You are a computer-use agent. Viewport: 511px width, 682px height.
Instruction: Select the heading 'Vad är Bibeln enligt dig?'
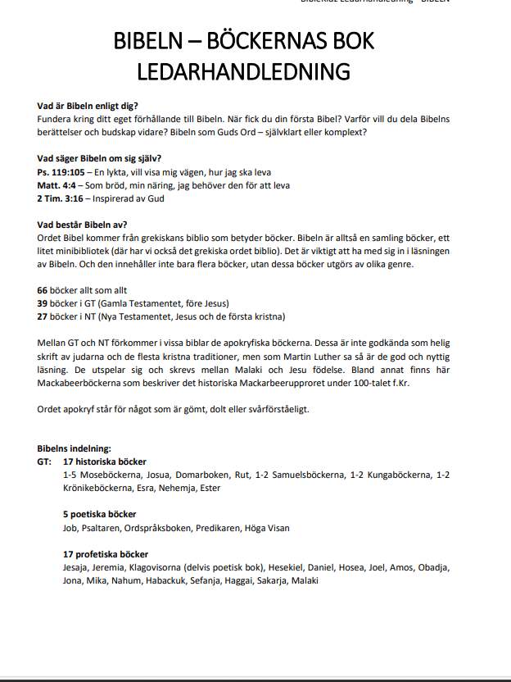coord(88,106)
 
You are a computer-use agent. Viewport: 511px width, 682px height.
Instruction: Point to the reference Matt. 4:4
coord(60,185)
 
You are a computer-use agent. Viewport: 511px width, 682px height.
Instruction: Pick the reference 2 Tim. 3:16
coord(60,198)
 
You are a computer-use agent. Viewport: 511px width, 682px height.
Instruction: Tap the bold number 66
coord(43,291)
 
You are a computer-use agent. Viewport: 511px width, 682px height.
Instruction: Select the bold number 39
coord(43,303)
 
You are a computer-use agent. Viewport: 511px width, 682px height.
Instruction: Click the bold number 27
coord(43,316)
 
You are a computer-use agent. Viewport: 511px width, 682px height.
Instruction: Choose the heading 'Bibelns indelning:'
coord(74,449)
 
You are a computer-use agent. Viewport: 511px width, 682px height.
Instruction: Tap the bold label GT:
coord(44,461)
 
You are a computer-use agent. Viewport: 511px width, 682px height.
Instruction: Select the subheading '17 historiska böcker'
coord(104,461)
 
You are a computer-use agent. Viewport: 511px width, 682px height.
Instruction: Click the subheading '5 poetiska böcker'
coord(99,515)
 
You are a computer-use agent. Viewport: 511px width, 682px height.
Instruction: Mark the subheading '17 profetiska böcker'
coord(105,555)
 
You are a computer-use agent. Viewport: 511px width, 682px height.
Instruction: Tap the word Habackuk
coord(170,580)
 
